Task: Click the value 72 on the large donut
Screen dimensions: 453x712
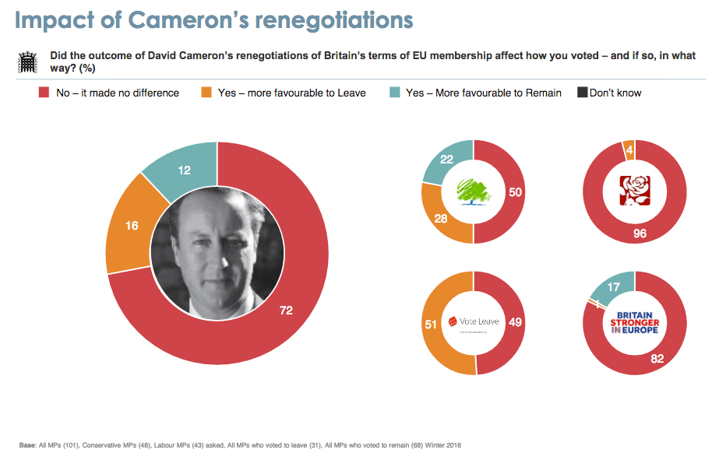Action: [x=286, y=311]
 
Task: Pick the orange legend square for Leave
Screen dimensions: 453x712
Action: [x=206, y=93]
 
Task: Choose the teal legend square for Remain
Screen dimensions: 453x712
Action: [x=394, y=93]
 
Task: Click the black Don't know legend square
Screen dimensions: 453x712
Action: [x=581, y=93]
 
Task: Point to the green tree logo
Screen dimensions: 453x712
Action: [x=473, y=191]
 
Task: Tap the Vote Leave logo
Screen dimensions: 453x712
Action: [x=473, y=321]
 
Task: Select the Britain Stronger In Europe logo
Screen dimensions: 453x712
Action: [x=634, y=322]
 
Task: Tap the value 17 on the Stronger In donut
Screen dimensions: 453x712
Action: [x=613, y=287]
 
